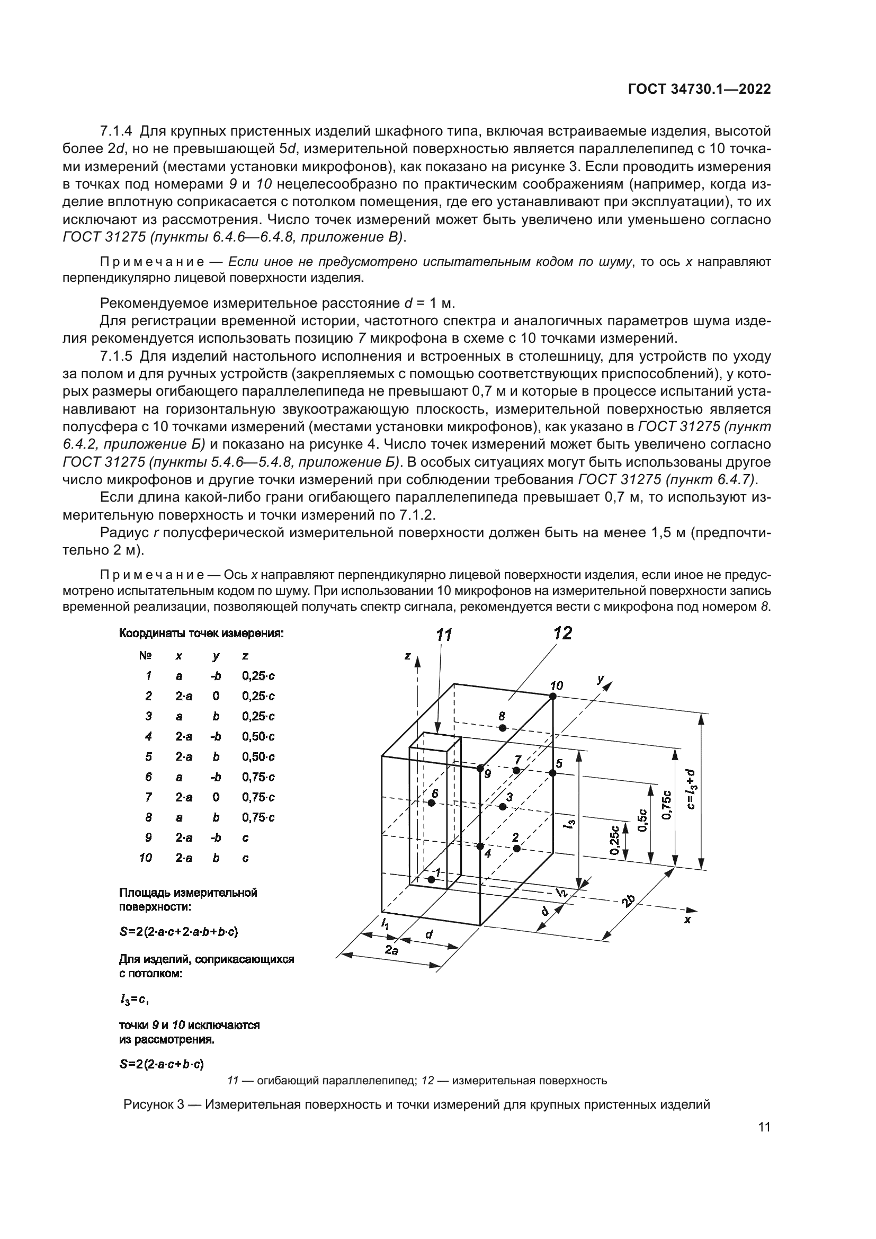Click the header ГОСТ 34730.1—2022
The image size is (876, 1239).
(x=699, y=90)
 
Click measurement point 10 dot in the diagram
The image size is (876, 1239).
(x=553, y=697)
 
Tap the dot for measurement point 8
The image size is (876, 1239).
(x=502, y=728)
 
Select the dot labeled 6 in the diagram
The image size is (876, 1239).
(x=432, y=803)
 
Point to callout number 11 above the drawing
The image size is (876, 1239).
(x=443, y=635)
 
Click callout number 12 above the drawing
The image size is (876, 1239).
(x=562, y=633)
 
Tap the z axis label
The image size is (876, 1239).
(x=408, y=656)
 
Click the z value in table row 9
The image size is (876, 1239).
(x=245, y=837)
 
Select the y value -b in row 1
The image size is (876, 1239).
(x=216, y=675)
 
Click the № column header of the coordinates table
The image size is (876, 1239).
(x=146, y=656)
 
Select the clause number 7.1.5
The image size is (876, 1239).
(x=116, y=356)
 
